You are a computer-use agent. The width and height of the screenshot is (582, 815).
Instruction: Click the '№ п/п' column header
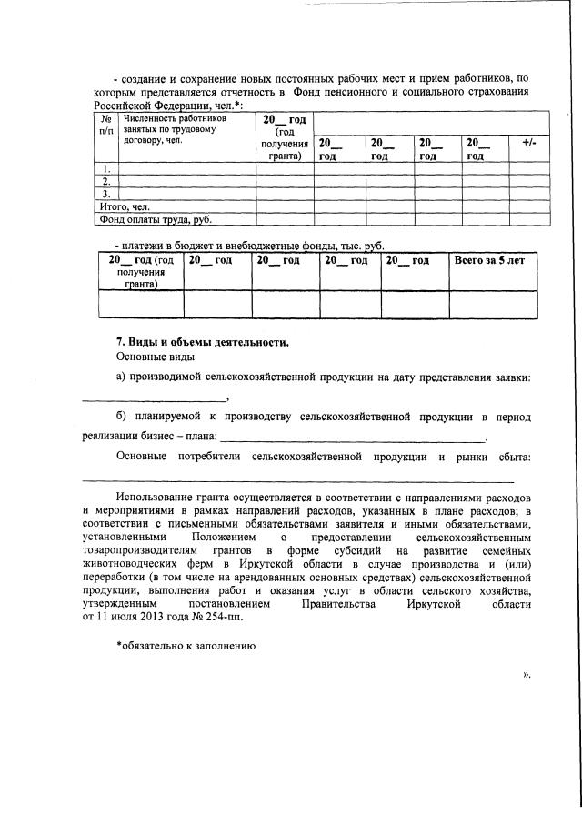pos(106,124)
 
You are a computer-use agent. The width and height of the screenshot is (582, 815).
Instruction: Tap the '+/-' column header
pos(529,144)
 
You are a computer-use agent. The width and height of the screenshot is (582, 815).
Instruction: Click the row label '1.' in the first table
pos(106,168)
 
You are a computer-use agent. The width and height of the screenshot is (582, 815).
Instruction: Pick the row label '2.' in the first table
pos(106,181)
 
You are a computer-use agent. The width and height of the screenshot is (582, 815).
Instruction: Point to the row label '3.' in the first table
pos(106,194)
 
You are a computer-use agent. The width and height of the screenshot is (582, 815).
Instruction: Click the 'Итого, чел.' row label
pos(125,206)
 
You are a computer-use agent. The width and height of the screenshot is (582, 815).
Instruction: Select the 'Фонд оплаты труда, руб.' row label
pos(156,219)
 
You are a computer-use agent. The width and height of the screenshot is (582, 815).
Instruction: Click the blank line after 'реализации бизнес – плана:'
pos(354,439)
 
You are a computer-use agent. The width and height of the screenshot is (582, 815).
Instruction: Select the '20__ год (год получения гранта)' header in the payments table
pos(141,272)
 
